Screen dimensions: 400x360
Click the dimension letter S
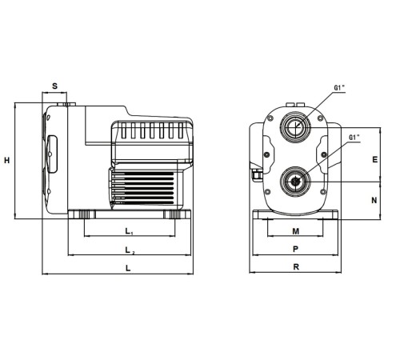coord(54,86)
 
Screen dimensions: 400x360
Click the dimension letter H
coord(7,160)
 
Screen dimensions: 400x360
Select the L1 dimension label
coord(129,231)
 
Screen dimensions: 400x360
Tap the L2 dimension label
coord(130,250)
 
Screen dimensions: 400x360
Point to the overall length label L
coord(128,268)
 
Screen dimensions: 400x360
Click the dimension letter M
coord(296,231)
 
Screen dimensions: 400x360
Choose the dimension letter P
coord(295,249)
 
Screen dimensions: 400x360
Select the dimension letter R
coord(296,266)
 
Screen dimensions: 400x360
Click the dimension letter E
coord(375,159)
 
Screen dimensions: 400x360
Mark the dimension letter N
coord(374,200)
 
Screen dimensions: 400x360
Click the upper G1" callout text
coord(339,88)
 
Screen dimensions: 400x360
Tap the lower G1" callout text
coord(354,138)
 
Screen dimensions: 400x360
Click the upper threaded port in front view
coord(295,127)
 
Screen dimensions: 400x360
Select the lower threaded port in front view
coord(295,182)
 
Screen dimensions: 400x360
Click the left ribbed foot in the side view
coord(85,214)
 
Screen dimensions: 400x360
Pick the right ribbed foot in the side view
coord(174,214)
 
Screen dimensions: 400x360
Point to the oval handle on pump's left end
coord(52,154)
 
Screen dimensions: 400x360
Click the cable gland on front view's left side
coord(256,174)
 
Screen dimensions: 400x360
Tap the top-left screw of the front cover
coord(270,118)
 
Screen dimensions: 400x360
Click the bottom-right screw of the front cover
coord(323,191)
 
